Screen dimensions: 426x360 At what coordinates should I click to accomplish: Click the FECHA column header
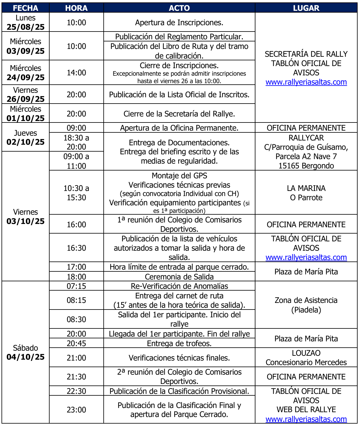[x=26, y=8]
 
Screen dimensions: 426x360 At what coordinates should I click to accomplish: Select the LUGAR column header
[x=306, y=8]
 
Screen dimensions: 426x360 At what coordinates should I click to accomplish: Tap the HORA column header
[x=76, y=8]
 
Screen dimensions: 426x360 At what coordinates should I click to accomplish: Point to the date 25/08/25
[x=26, y=27]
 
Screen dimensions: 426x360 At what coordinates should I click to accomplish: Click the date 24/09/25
[x=26, y=77]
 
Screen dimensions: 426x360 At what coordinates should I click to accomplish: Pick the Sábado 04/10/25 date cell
[x=26, y=352]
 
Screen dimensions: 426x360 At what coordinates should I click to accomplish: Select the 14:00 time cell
[x=76, y=73]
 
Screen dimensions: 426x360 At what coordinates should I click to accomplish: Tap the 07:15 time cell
[x=76, y=286]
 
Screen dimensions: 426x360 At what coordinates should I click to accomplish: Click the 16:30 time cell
[x=76, y=248]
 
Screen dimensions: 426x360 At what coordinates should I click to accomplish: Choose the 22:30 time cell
[x=76, y=391]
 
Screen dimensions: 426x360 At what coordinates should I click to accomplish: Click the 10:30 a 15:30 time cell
[x=76, y=193]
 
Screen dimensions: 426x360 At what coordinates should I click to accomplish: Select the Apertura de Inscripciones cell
[x=179, y=23]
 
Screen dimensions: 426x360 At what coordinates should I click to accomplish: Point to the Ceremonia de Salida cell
[x=179, y=277]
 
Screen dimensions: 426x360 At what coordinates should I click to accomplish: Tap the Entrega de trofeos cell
[x=179, y=343]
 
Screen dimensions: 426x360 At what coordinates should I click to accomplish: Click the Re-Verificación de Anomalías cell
[x=179, y=286]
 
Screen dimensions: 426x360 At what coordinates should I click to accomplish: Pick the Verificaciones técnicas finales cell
[x=179, y=358]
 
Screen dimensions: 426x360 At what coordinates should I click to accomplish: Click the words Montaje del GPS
[x=179, y=176]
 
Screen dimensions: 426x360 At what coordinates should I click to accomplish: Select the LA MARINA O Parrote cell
[x=306, y=193]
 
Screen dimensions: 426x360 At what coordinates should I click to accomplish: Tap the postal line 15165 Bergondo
[x=306, y=166]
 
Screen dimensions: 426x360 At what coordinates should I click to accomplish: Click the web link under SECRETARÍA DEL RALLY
[x=306, y=82]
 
